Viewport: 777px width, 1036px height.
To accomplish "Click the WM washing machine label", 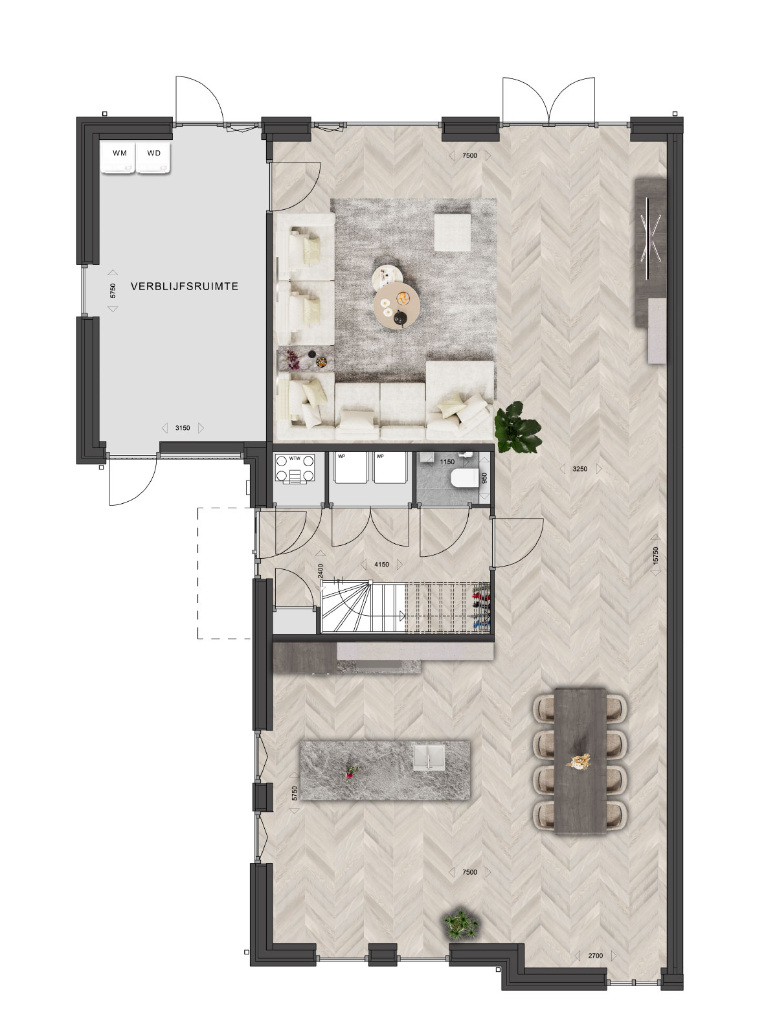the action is click(119, 153).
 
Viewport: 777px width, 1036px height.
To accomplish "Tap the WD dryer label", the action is click(154, 153).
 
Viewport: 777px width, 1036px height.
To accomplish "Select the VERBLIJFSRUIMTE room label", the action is click(185, 286).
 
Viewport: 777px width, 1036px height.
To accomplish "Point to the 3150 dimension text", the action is click(183, 428).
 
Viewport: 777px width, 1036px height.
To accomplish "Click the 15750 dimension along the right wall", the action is click(655, 556).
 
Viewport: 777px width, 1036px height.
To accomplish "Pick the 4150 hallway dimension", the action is click(381, 565).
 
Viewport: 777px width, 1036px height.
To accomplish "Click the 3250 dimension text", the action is click(580, 469).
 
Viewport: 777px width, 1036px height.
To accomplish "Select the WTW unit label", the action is click(295, 458).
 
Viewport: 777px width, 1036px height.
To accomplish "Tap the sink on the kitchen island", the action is click(429, 758).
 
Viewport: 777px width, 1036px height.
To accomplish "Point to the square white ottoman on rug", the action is click(453, 232).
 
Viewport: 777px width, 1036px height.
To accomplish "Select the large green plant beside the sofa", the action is click(517, 427).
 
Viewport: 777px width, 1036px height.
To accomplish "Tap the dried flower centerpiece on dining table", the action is click(579, 761).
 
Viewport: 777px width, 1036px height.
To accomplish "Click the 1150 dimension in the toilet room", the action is click(447, 462).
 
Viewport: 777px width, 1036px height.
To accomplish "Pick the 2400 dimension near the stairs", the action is click(321, 571).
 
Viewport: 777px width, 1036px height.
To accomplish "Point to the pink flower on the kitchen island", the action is click(350, 772).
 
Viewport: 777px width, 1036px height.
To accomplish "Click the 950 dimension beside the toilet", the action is click(484, 479).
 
